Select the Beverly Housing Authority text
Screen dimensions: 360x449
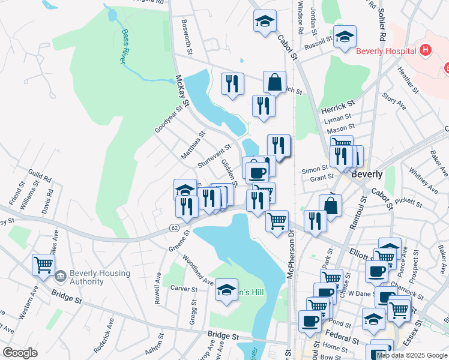click(x=100, y=278)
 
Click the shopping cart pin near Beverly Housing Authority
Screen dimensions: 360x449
click(x=43, y=265)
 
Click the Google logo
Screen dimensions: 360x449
click(x=20, y=353)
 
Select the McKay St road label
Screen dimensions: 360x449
click(x=182, y=91)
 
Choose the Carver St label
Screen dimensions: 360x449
click(x=184, y=289)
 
